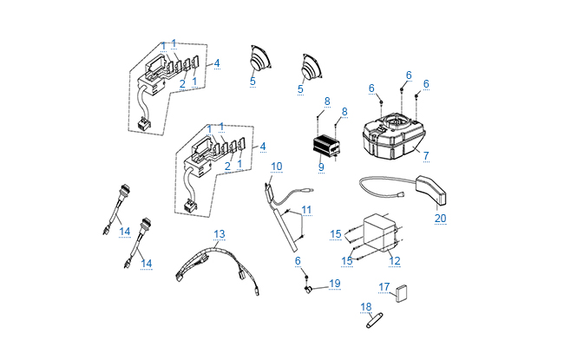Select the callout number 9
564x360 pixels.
pyautogui.click(x=320, y=166)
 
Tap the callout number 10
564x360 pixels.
pyautogui.click(x=277, y=166)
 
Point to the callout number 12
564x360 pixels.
pyautogui.click(x=394, y=260)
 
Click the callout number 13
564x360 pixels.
pyautogui.click(x=220, y=234)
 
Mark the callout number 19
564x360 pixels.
pyautogui.click(x=334, y=283)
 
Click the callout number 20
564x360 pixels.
pyautogui.click(x=440, y=218)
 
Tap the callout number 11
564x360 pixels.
pyautogui.click(x=305, y=210)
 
